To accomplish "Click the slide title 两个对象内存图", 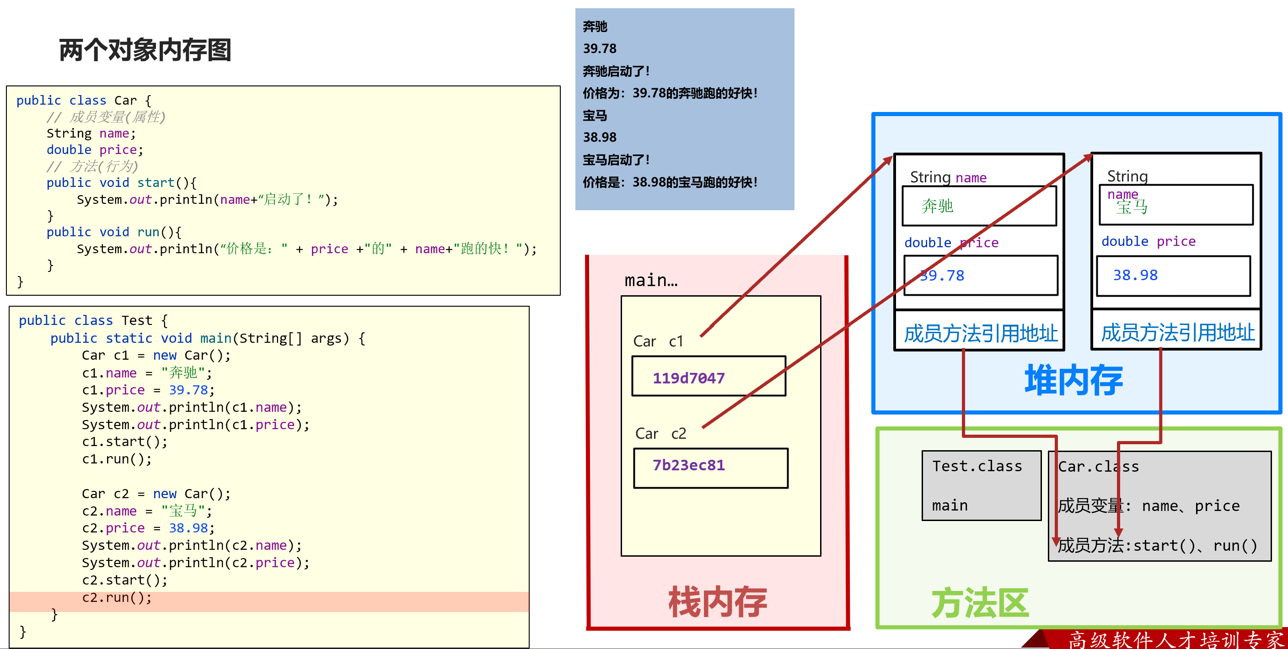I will (x=145, y=50).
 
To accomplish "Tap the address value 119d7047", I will (x=688, y=378).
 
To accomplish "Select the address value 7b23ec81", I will (x=688, y=465).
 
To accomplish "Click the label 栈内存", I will (x=718, y=602).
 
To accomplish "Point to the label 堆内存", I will (x=1073, y=380).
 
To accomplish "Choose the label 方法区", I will (x=980, y=603).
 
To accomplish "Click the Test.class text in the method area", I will (x=977, y=466).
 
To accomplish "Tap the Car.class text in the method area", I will (x=1098, y=467).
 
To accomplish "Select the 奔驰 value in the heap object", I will (x=938, y=206).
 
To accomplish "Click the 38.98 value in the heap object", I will (x=1135, y=275).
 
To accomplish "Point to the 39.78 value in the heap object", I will (x=942, y=276).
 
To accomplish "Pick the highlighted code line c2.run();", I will (x=117, y=597).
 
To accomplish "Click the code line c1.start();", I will (x=124, y=442).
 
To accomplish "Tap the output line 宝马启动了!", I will (x=616, y=160).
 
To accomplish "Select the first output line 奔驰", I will (x=595, y=27).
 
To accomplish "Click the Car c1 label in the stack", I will (x=658, y=341).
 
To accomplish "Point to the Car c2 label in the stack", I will (x=660, y=433).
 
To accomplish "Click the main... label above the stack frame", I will (x=651, y=280).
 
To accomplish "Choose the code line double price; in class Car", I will (x=95, y=150).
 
